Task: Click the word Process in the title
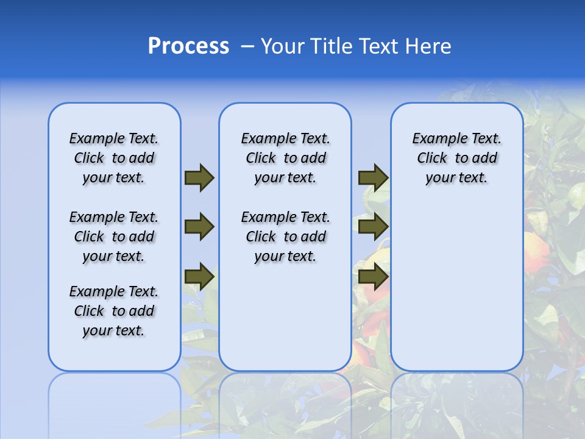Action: coord(188,46)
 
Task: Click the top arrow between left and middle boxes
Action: coord(199,177)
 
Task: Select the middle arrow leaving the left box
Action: coord(199,227)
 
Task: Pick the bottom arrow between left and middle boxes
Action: coord(199,276)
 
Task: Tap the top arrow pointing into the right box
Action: coord(373,177)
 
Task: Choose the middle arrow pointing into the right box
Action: coord(373,227)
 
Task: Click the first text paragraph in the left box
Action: coord(114,158)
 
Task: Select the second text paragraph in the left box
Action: coord(114,237)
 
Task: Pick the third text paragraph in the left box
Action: coord(114,311)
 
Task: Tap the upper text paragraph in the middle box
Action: coord(285,158)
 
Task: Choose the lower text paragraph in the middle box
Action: coord(285,237)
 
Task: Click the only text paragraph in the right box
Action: coord(456,158)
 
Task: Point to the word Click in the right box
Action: coord(432,158)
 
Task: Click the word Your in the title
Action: coord(283,46)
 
